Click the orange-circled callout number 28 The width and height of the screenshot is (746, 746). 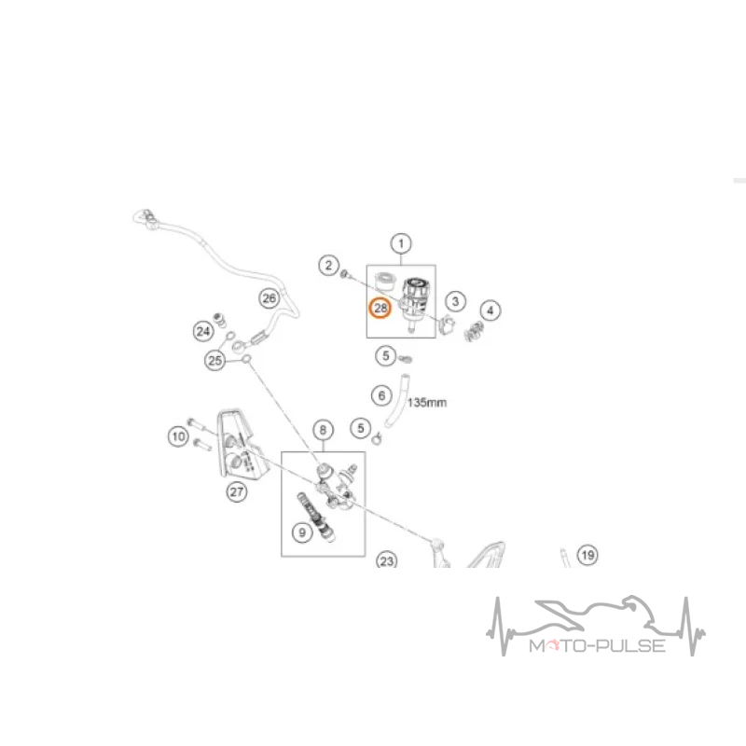[x=380, y=309]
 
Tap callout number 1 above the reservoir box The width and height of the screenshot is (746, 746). [x=401, y=243]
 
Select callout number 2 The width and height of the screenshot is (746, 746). [x=328, y=265]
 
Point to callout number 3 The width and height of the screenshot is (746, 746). [x=455, y=301]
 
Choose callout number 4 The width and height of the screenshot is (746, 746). [x=490, y=311]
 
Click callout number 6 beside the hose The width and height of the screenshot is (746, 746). [x=381, y=395]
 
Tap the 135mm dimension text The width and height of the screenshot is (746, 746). [x=427, y=403]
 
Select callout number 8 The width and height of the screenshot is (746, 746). [x=323, y=430]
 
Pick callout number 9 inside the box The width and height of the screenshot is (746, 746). [x=302, y=532]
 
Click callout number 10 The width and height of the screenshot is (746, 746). [x=178, y=436]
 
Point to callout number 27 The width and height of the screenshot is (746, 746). [x=237, y=491]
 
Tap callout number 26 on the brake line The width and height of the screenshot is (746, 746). [x=269, y=298]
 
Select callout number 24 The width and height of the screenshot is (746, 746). [x=203, y=331]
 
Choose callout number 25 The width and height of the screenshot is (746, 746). [x=215, y=360]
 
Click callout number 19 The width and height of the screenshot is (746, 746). [x=587, y=555]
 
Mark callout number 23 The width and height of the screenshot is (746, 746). [x=387, y=560]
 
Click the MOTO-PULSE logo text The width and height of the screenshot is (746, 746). [x=598, y=645]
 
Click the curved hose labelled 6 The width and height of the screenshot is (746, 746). [x=397, y=401]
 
